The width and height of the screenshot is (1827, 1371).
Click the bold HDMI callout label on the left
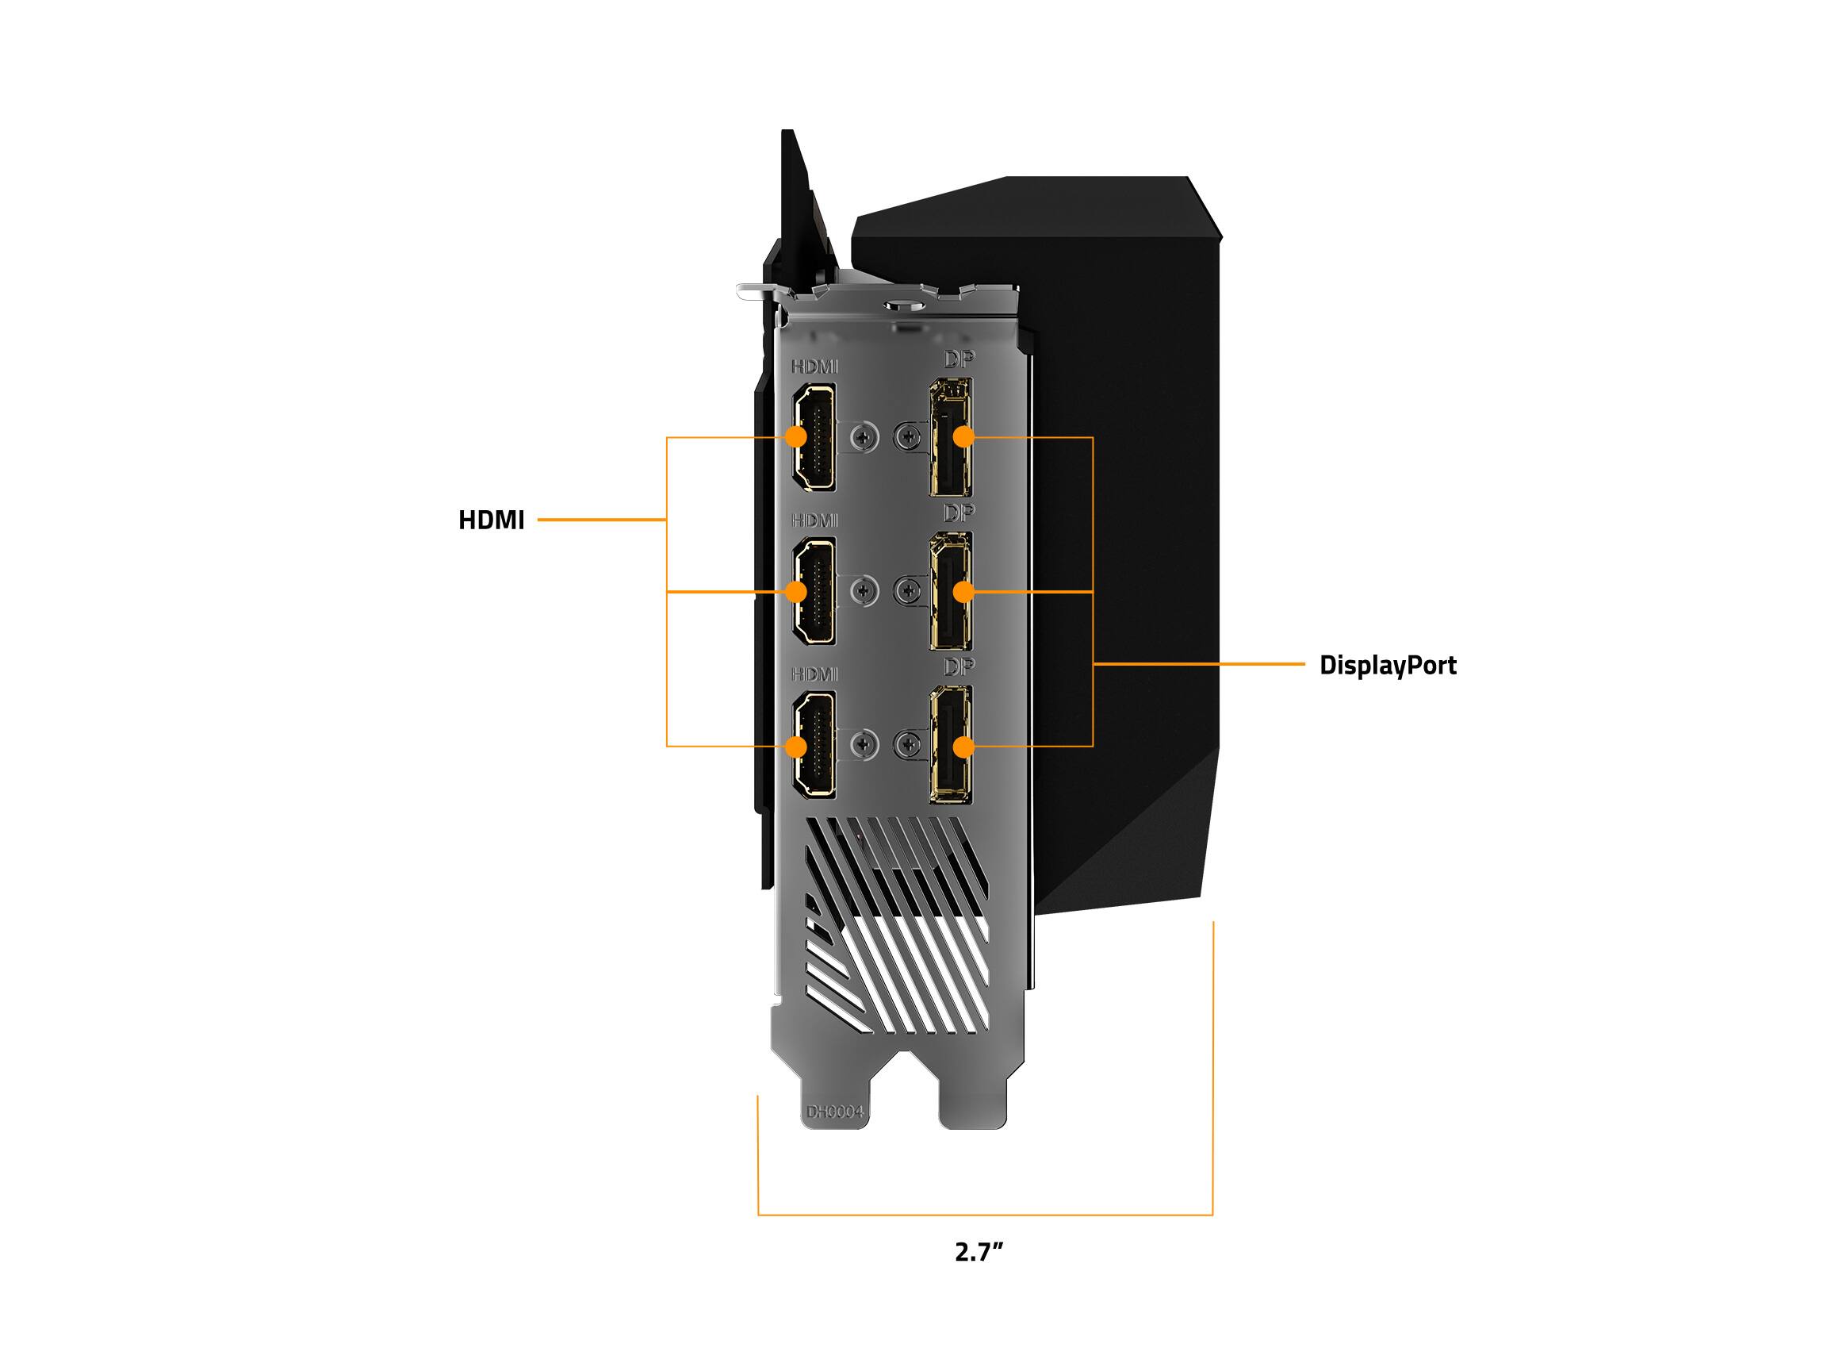492,520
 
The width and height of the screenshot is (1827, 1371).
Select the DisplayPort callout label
1388,665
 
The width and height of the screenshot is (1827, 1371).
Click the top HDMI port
814,436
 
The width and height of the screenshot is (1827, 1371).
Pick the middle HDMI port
814,590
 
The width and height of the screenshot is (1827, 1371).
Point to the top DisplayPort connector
952,436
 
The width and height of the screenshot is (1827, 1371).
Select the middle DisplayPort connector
952,590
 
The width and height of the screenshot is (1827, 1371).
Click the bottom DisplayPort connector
952,743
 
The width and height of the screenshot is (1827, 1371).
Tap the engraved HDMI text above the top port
814,366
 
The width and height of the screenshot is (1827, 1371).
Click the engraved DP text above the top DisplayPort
959,359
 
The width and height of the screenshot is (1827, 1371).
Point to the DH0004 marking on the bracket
835,1112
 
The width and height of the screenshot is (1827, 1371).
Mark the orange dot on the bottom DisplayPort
962,747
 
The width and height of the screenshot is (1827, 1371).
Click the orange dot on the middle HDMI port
796,592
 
